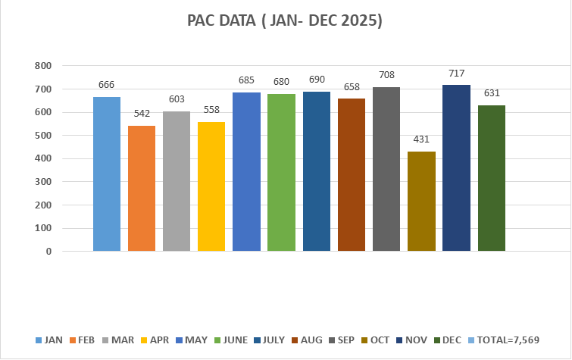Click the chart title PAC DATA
click(285, 21)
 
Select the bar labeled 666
click(107, 174)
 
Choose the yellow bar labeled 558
click(211, 186)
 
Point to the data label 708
click(386, 75)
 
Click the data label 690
click(317, 80)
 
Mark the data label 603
click(177, 99)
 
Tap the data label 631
click(491, 93)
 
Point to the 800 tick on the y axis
click(42, 66)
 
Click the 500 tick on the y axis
click(42, 136)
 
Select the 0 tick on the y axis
click(48, 251)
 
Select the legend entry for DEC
click(449, 340)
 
